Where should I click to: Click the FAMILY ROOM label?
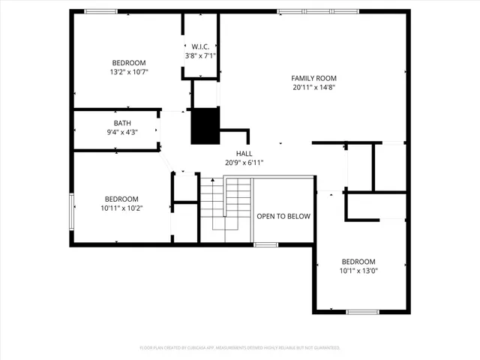(x=313, y=78)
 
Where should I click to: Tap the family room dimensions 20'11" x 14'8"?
(x=313, y=87)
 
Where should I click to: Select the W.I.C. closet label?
(x=200, y=46)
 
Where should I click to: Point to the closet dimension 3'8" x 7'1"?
(x=200, y=55)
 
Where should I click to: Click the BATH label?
(x=121, y=123)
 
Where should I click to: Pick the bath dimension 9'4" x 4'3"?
(x=121, y=132)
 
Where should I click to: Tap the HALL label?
(x=244, y=153)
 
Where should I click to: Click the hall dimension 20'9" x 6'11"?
(x=244, y=162)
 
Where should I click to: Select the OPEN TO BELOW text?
(x=283, y=216)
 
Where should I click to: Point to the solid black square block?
(x=205, y=126)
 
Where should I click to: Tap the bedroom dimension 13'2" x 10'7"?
(x=129, y=72)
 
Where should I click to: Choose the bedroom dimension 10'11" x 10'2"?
(x=121, y=208)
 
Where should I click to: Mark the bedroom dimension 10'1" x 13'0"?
(x=358, y=271)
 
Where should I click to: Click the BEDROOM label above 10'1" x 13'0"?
(x=358, y=262)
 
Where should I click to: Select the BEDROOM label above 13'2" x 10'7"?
(x=129, y=63)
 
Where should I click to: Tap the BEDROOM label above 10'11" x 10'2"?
(x=121, y=199)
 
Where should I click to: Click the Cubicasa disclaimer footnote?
(x=240, y=348)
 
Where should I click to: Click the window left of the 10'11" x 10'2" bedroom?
(x=72, y=211)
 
